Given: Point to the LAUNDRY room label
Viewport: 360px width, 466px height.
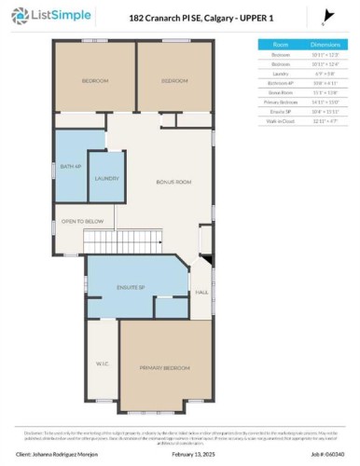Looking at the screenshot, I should (104, 177).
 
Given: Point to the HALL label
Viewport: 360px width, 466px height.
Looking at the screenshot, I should (200, 293).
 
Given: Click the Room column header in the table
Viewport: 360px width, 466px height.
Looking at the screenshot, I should (281, 44).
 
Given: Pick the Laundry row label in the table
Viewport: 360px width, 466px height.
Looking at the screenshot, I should (281, 72).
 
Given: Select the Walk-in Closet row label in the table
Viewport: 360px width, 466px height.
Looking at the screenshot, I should (281, 119).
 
